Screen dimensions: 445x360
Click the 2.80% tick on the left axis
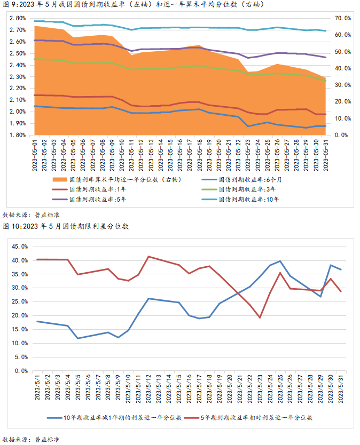[x=18, y=18]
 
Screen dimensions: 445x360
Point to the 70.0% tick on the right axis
[x=342, y=18]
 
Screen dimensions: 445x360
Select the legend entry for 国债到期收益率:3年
[x=248, y=189]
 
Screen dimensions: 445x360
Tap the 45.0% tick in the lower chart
[x=19, y=247]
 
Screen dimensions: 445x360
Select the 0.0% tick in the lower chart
[x=21, y=370]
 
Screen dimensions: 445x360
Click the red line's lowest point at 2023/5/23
[x=260, y=317]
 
